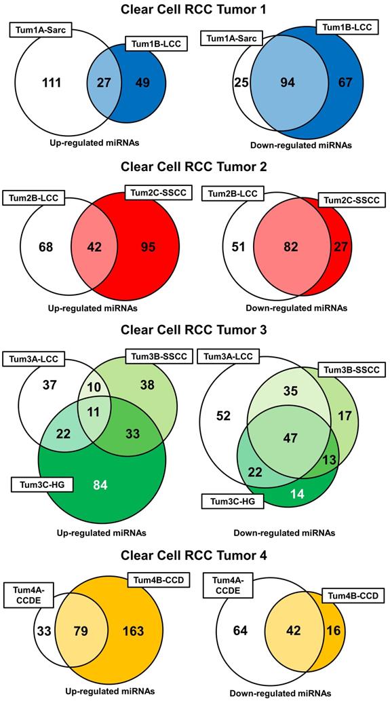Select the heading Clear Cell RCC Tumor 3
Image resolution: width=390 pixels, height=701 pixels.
coord(195,330)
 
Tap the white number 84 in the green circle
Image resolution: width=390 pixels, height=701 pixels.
coord(99,484)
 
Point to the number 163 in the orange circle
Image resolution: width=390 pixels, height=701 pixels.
coord(134,630)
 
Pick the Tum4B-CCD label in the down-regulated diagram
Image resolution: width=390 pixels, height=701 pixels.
coord(349,595)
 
